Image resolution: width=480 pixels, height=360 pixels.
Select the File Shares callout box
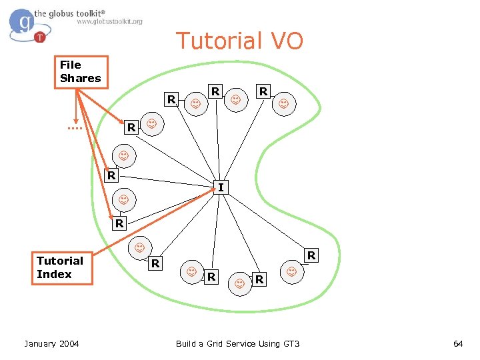pos(80,72)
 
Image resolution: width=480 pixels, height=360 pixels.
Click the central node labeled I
pos(221,187)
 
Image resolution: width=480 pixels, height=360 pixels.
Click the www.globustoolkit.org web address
pos(109,21)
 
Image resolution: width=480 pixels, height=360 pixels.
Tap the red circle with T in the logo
pos(40,37)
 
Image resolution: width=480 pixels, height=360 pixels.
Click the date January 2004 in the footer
pos(51,343)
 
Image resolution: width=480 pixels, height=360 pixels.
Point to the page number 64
pos(458,343)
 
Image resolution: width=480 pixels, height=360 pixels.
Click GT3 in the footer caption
pos(291,343)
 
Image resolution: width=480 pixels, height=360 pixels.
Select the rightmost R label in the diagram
pos(311,256)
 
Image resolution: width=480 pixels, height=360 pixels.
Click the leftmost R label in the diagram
pos(112,176)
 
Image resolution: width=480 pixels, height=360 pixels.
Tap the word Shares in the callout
pos(81,79)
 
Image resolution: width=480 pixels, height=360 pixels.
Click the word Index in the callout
pos(54,274)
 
